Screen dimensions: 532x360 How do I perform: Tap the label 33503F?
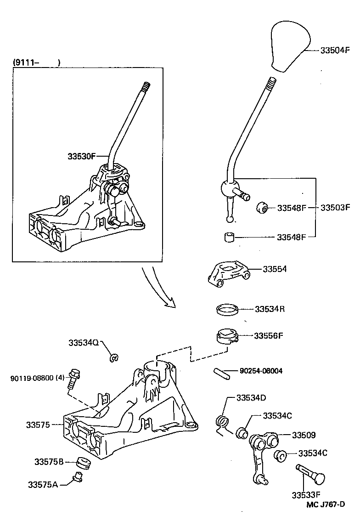coord(335,208)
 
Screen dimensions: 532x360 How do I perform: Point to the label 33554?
coord(275,269)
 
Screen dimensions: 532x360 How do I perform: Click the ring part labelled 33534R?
coord(227,309)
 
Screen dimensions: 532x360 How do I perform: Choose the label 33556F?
coord(268,336)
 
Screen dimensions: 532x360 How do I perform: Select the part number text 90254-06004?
coord(261,371)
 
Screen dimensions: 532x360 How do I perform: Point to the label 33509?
coord(304,435)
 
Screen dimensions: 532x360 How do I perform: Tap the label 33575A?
coord(43,484)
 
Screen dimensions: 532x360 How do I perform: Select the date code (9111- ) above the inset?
coord(36,62)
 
